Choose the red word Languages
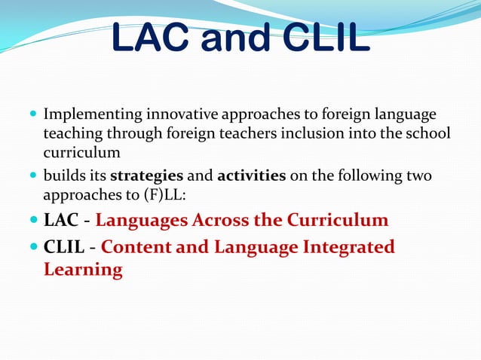click(142, 221)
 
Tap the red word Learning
click(83, 270)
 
